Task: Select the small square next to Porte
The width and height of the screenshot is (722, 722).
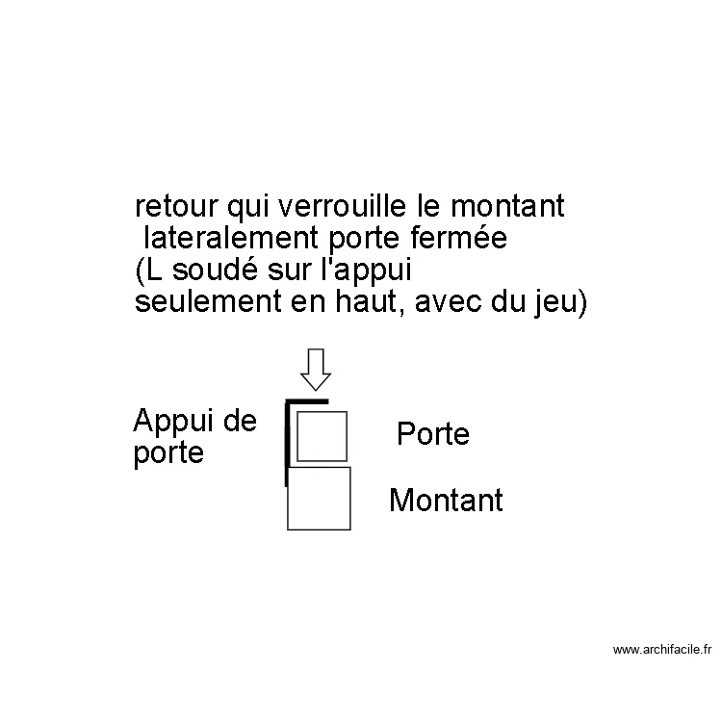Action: point(321,436)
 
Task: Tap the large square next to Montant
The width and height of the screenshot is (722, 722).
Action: point(319,498)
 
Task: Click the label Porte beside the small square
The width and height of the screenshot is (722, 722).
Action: point(432,434)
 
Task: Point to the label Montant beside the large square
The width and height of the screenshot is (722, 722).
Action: point(446,501)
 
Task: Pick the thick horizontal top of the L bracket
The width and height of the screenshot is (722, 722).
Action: point(307,400)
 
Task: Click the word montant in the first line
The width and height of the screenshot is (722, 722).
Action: point(506,207)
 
